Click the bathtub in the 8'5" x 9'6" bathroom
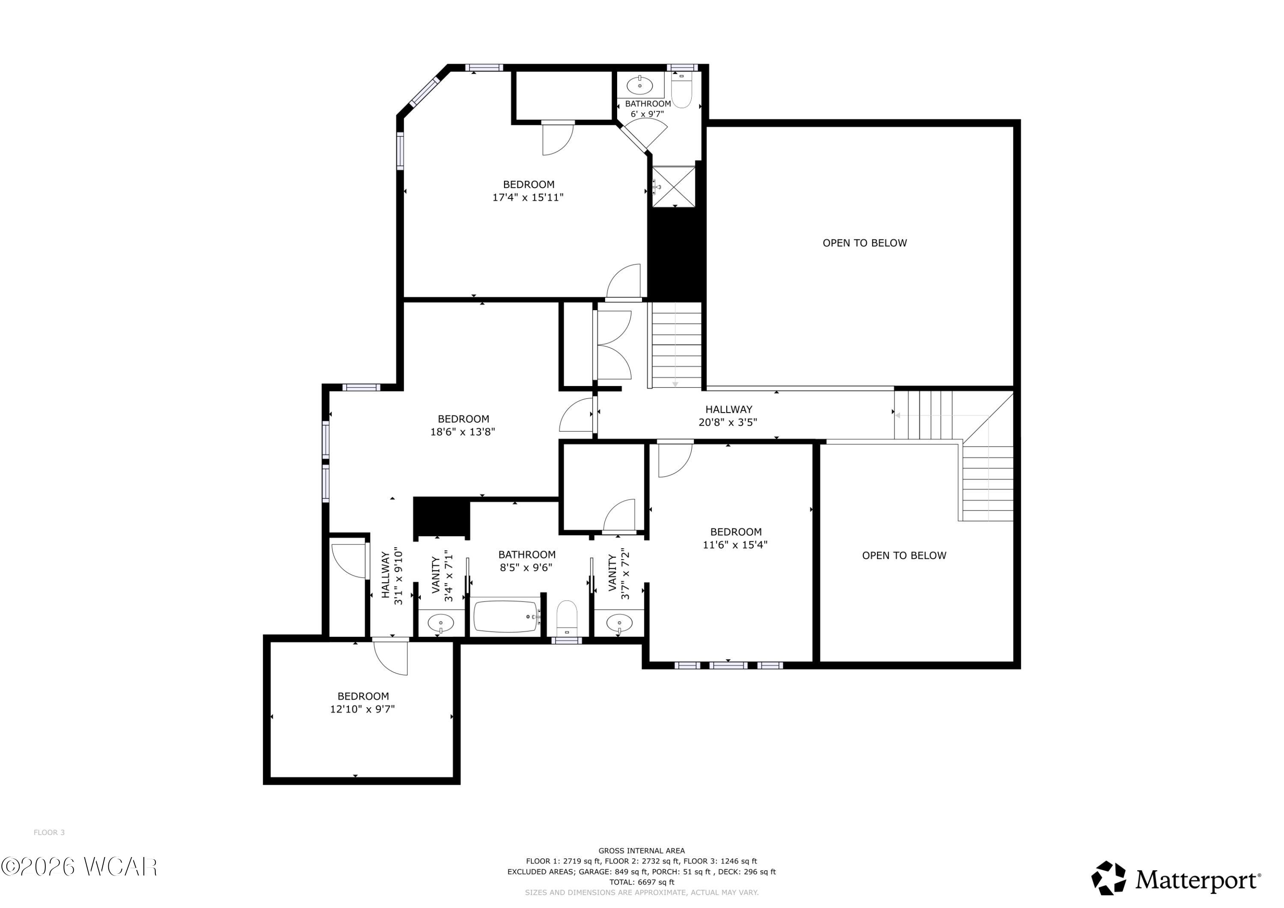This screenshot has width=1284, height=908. [x=506, y=617]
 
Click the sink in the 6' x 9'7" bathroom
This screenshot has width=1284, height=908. [x=640, y=86]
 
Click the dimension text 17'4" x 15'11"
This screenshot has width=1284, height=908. [x=528, y=197]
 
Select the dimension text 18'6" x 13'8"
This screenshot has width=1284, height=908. [x=463, y=432]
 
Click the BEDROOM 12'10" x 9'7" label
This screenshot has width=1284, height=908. [x=363, y=702]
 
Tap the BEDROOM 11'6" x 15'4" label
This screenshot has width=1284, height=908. [x=735, y=538]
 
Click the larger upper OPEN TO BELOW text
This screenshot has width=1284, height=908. [x=865, y=243]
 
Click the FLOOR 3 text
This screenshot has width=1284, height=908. [x=49, y=833]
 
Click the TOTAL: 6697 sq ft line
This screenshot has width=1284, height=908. [x=642, y=882]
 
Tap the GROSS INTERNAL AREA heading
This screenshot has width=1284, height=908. [x=642, y=850]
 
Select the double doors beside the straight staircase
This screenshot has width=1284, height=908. [x=613, y=345]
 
